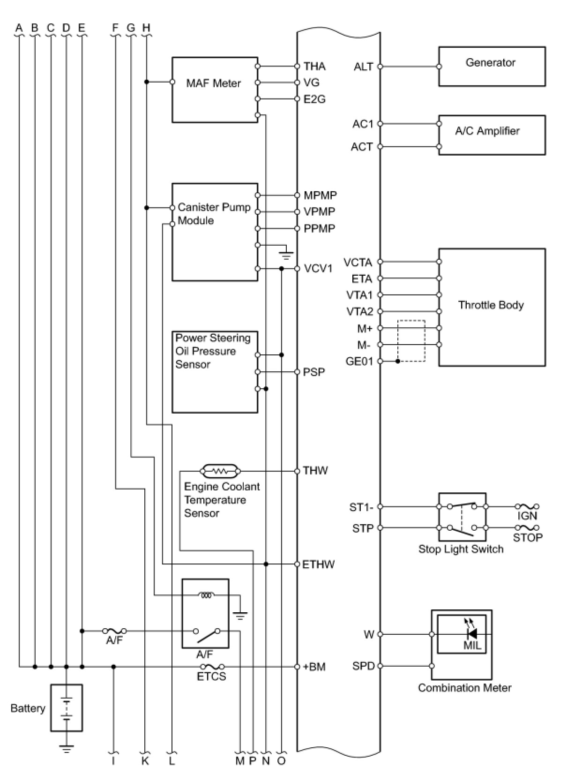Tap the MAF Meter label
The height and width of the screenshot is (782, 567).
(x=213, y=83)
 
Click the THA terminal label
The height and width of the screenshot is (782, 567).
(x=314, y=66)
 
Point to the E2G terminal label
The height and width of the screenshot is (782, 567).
(x=314, y=99)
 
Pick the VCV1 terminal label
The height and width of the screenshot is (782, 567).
(x=318, y=269)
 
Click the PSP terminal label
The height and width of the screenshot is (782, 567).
(x=313, y=372)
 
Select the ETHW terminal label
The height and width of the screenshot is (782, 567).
(x=318, y=564)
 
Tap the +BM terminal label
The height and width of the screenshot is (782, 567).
(x=314, y=667)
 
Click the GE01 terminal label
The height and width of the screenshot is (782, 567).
(x=359, y=361)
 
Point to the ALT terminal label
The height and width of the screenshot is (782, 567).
(x=364, y=66)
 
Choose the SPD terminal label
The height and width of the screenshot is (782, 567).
(x=364, y=666)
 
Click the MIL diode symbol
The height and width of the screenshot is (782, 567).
(x=472, y=634)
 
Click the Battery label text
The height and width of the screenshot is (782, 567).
(x=28, y=708)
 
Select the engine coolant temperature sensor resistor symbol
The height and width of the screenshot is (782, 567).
(x=220, y=471)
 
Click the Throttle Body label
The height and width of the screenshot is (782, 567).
(x=491, y=305)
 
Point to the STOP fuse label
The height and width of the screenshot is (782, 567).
(x=528, y=537)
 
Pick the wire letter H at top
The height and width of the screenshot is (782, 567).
(x=146, y=27)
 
